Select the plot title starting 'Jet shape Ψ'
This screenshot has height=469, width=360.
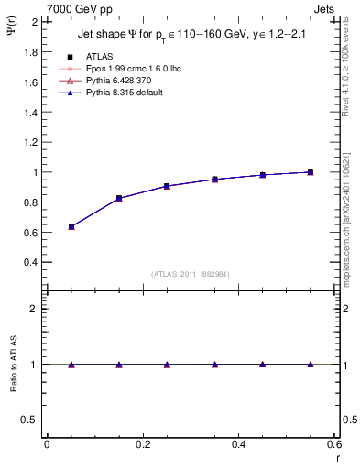(191, 37)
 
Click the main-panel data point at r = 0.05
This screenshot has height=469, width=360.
(71, 226)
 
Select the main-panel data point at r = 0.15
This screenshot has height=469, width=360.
(119, 198)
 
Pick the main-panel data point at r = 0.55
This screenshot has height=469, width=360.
(311, 172)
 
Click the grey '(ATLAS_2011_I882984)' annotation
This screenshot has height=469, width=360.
(191, 274)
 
